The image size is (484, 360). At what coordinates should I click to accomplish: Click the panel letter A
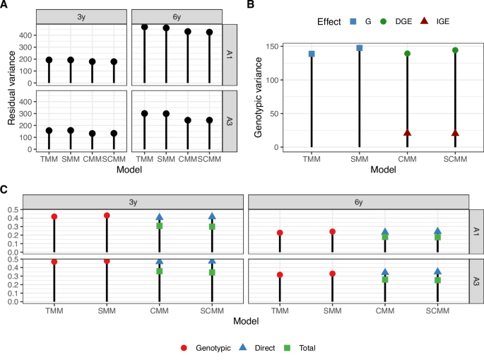[x=4, y=5]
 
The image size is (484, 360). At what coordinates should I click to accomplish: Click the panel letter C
[x=4, y=189]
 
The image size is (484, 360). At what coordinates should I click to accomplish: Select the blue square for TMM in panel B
[x=312, y=54]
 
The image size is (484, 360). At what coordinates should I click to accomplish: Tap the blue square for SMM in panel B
[x=359, y=48]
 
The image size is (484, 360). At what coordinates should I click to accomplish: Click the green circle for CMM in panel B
[x=407, y=54]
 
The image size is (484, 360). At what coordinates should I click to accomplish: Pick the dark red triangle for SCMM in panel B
[x=455, y=133]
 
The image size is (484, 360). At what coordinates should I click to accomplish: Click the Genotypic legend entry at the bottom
[x=185, y=347]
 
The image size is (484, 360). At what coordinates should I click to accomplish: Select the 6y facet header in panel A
[x=177, y=16]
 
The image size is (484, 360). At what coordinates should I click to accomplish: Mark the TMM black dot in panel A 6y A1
[x=144, y=27]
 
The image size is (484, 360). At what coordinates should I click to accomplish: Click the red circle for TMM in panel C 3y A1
[x=54, y=216]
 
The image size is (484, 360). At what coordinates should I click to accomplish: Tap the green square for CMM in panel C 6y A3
[x=385, y=279]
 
